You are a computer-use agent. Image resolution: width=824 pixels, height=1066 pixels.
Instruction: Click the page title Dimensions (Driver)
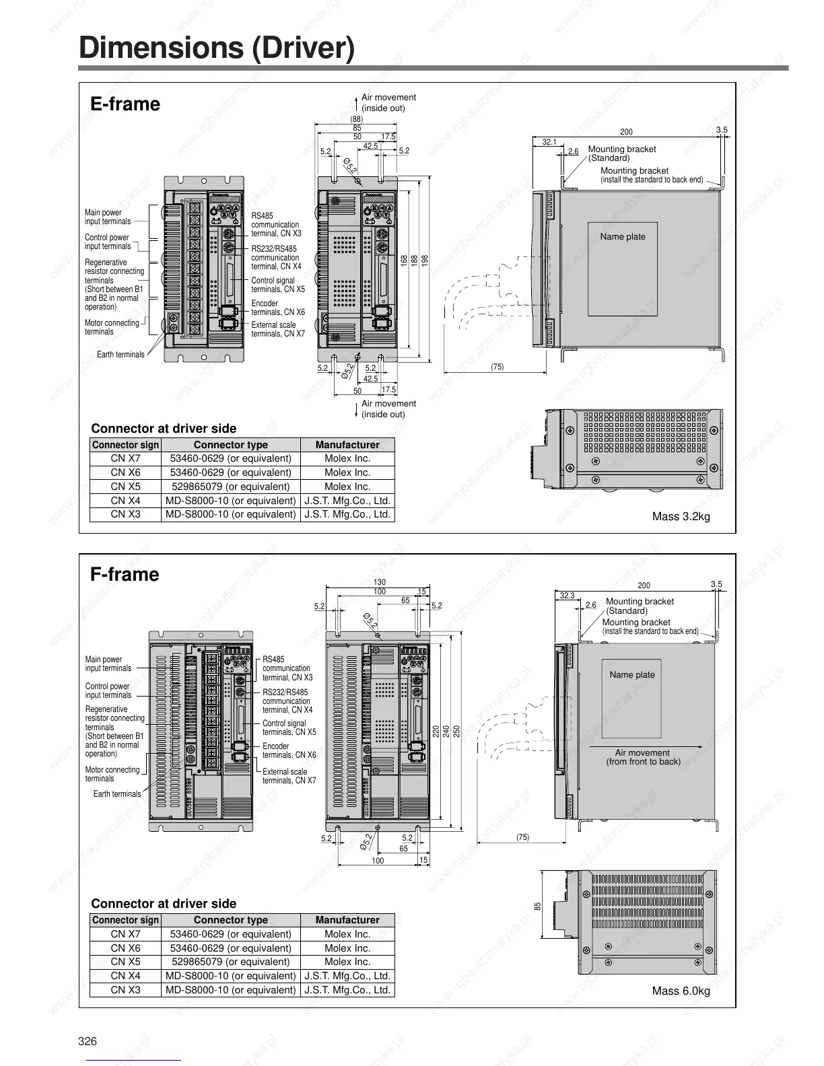[216, 48]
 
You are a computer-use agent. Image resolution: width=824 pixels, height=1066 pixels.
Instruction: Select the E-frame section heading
[125, 104]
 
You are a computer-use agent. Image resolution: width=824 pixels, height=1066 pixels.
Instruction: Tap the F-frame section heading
[125, 575]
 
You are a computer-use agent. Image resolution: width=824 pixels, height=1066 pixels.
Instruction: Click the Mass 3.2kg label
[681, 517]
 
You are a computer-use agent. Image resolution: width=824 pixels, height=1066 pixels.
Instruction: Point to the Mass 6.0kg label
[681, 991]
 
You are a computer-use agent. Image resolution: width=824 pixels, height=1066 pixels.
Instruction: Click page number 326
[88, 1041]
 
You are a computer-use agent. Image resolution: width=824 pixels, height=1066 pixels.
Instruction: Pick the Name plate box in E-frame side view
[622, 269]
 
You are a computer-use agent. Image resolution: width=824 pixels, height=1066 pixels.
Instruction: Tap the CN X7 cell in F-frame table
[125, 934]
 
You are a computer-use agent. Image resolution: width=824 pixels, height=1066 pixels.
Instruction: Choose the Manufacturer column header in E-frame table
[347, 445]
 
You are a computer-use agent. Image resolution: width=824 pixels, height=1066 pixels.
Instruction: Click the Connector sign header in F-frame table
[125, 920]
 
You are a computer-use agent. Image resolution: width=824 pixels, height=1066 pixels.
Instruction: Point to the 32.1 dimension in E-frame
[549, 142]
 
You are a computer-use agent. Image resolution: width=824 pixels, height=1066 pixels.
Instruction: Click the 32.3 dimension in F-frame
[567, 596]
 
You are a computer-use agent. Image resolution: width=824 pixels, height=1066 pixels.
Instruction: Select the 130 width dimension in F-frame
[380, 582]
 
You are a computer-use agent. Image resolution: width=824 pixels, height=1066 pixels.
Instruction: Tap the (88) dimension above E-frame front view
[356, 119]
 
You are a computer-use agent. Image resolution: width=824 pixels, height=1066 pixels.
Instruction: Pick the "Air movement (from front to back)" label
[643, 757]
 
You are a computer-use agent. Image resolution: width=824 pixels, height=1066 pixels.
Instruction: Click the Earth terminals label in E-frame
[120, 355]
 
